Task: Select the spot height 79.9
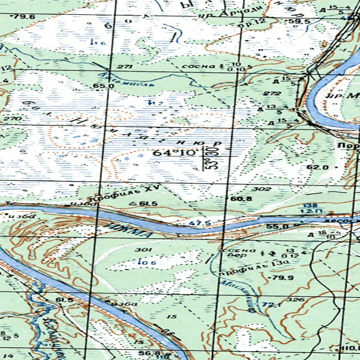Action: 277,278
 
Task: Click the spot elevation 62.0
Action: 317,167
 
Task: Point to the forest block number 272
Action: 274,94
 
